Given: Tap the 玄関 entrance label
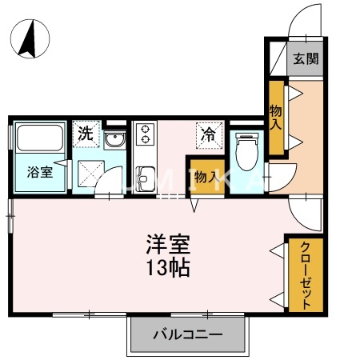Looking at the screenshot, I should pyautogui.click(x=306, y=58).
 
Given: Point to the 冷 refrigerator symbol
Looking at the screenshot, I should pyautogui.click(x=207, y=134).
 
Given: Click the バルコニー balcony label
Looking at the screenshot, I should pyautogui.click(x=187, y=334).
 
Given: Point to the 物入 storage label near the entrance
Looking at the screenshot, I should pyautogui.click(x=276, y=118).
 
